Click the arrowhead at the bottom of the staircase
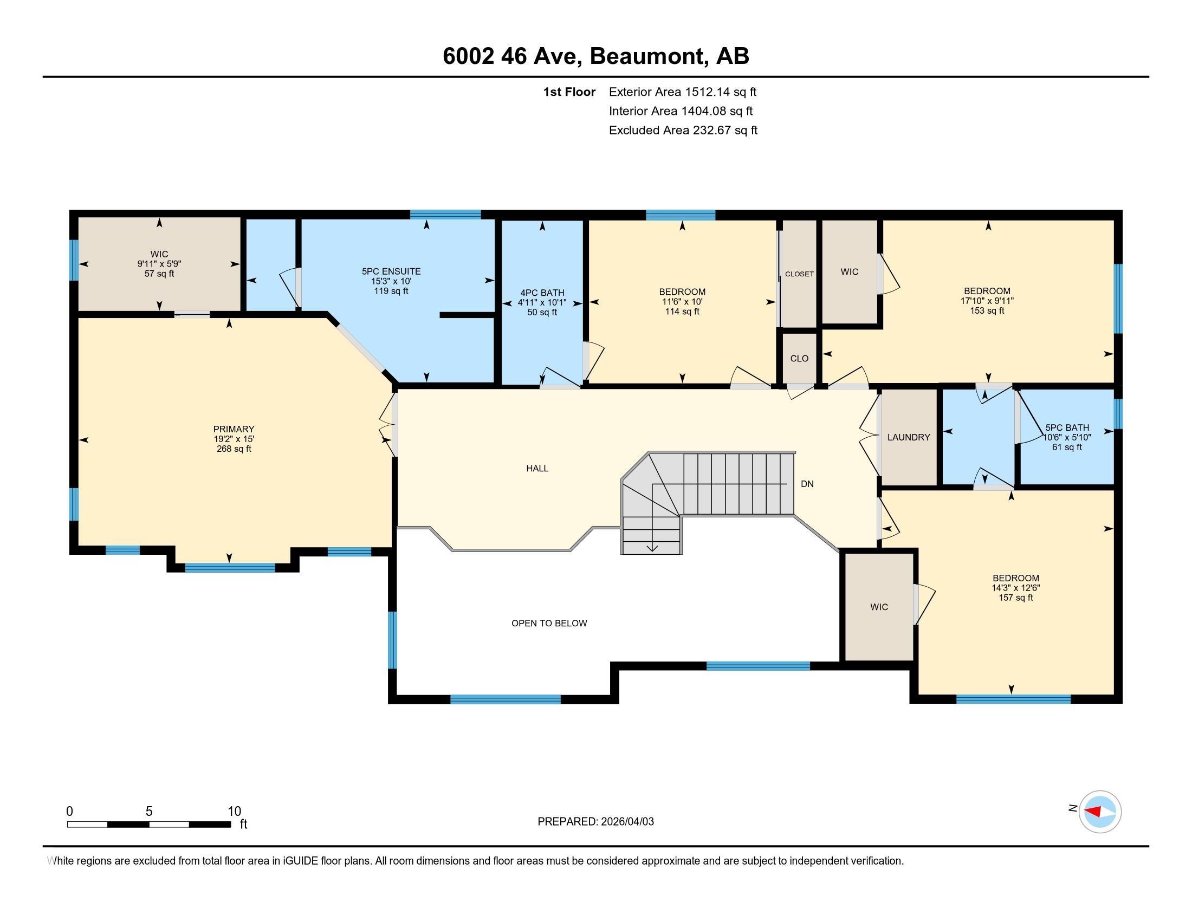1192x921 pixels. (652, 548)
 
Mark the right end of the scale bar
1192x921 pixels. (231, 824)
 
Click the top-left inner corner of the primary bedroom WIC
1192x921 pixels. (79, 218)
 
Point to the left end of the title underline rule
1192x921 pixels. (43, 77)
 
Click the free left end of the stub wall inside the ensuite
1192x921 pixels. (440, 315)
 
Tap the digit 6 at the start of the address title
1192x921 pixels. (449, 56)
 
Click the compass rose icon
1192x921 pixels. (1100, 812)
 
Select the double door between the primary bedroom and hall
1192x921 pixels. (389, 425)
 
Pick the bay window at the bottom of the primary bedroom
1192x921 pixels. (230, 567)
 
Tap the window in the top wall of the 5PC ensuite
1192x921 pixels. (445, 215)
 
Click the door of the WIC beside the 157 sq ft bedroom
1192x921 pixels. (923, 604)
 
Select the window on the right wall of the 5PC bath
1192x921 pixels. (1117, 414)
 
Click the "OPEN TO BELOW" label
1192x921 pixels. (549, 623)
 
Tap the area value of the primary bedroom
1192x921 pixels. (234, 449)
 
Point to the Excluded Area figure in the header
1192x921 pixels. (725, 130)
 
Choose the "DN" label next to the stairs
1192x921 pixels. (807, 484)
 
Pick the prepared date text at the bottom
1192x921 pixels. (595, 821)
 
